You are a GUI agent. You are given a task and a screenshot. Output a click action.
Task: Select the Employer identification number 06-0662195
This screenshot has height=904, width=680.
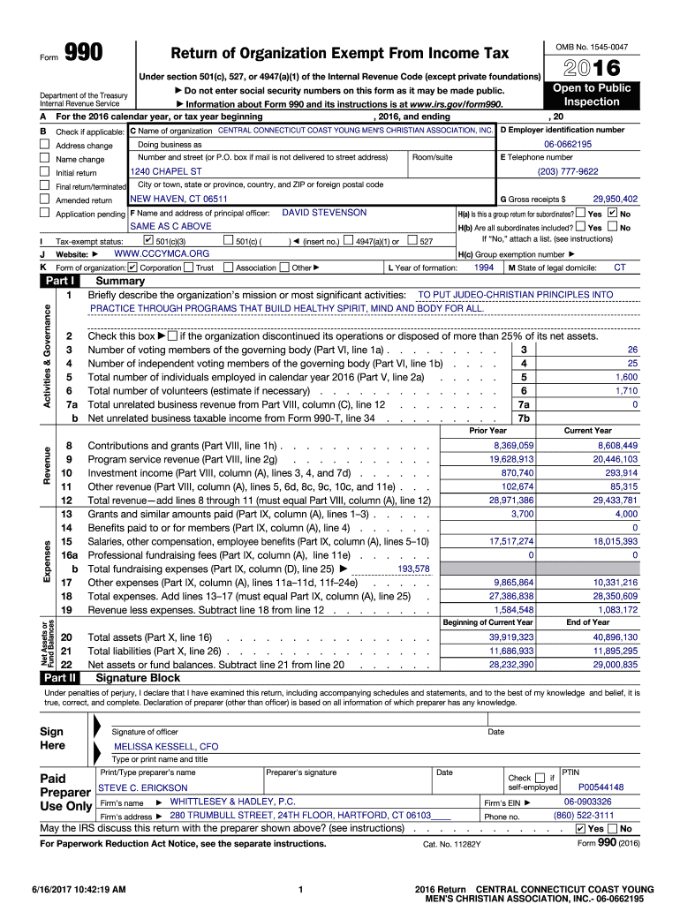click(x=568, y=144)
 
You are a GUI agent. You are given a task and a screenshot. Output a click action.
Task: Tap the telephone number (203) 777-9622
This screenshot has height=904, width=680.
click(x=568, y=171)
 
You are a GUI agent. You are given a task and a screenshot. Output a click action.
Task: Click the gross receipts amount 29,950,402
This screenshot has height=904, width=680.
click(x=615, y=200)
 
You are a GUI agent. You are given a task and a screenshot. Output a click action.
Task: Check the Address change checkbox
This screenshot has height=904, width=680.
click(x=44, y=145)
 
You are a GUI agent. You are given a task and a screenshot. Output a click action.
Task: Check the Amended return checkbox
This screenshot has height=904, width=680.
click(x=44, y=200)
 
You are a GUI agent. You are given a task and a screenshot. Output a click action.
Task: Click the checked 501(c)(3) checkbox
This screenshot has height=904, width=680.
click(x=148, y=240)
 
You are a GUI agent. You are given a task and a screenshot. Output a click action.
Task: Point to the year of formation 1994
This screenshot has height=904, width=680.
click(x=484, y=267)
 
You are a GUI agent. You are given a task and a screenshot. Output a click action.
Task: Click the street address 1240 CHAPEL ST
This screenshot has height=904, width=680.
click(x=166, y=171)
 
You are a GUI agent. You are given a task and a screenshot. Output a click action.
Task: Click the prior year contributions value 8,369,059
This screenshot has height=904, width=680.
click(x=513, y=446)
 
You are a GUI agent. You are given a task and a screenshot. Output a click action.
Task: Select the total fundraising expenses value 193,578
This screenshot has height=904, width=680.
click(x=413, y=569)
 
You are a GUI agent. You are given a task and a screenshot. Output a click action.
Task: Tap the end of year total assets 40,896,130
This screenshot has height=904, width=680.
click(x=615, y=637)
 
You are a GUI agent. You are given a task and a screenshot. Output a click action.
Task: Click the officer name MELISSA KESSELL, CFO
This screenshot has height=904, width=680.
click(x=166, y=746)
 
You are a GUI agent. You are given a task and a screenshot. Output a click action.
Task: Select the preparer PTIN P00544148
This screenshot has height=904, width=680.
click(x=601, y=787)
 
